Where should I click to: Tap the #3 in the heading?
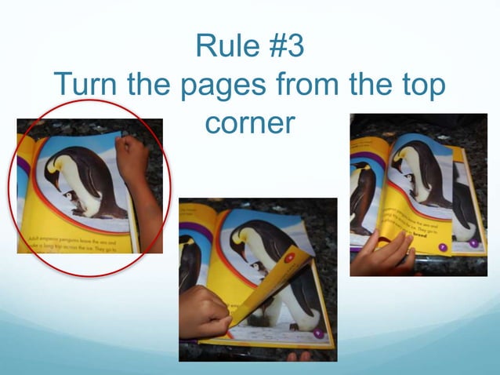point(280,46)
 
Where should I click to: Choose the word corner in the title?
point(248,122)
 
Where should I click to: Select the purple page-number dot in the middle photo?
point(318,333)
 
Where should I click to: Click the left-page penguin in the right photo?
point(363,196)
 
